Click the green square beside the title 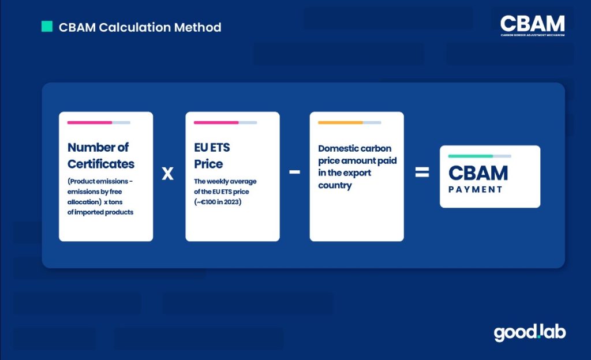[47, 27]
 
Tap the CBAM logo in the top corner [533, 25]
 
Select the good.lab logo [530, 332]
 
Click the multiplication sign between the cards [168, 173]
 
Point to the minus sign [294, 172]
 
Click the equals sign [422, 172]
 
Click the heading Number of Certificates [101, 156]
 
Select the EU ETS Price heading [212, 156]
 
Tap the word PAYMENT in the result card [476, 189]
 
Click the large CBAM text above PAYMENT [478, 173]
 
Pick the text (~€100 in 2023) [218, 202]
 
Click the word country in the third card [335, 185]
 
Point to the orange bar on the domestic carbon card [341, 122]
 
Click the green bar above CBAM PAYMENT [470, 156]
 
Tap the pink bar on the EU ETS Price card [216, 122]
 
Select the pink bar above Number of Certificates [89, 122]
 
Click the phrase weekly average [231, 181]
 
